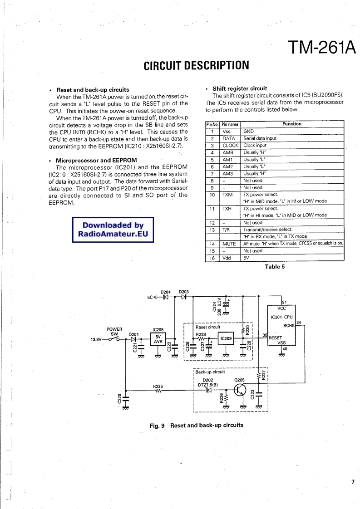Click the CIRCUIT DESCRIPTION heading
pyautogui.click(x=196, y=66)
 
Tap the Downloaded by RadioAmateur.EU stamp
pyautogui.click(x=113, y=230)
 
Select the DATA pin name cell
pyautogui.click(x=229, y=138)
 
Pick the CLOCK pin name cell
pyautogui.click(x=230, y=146)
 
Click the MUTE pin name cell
pyautogui.click(x=229, y=244)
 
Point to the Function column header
pyautogui.click(x=291, y=124)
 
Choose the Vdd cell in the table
pyautogui.click(x=227, y=258)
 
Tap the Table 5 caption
pyautogui.click(x=275, y=267)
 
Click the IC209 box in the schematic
pyautogui.click(x=226, y=338)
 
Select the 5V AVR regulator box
pyautogui.click(x=158, y=339)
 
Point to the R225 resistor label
pyautogui.click(x=158, y=387)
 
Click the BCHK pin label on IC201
pyautogui.click(x=289, y=326)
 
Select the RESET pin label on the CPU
pyautogui.click(x=276, y=338)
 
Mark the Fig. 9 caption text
pyautogui.click(x=197, y=426)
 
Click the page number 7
pyautogui.click(x=352, y=482)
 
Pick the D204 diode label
pyautogui.click(x=166, y=292)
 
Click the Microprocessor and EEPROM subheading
pyautogui.click(x=96, y=161)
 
